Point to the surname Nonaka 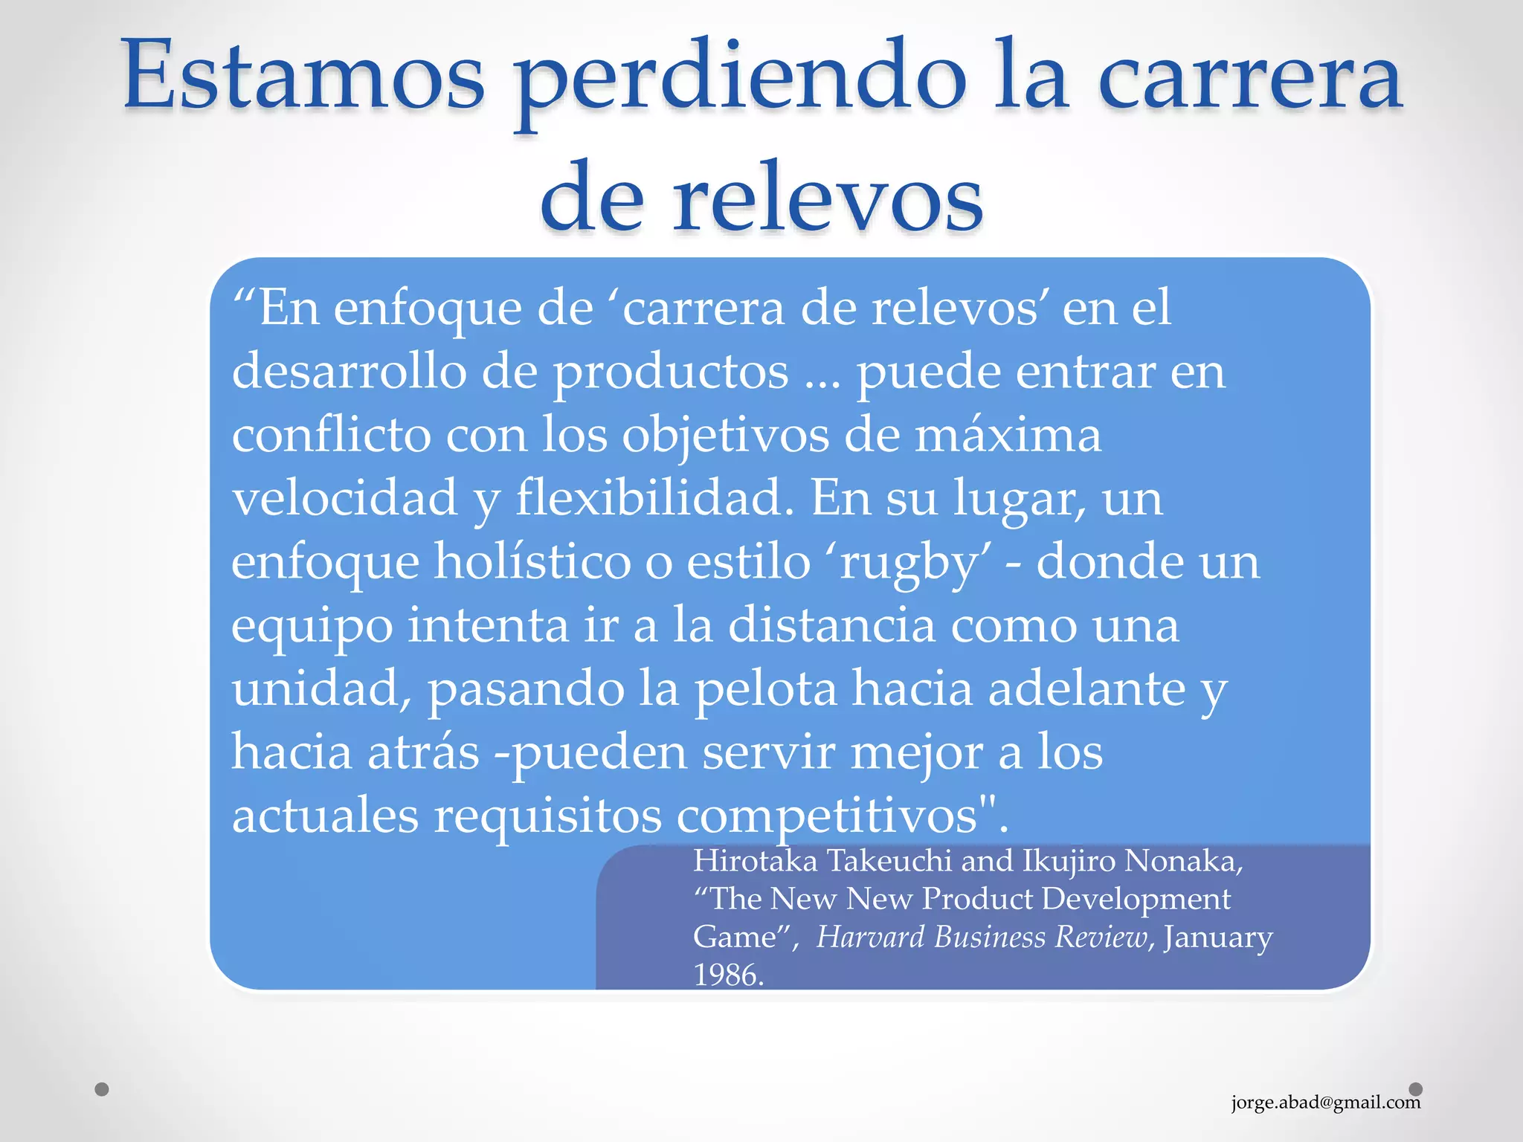1182,860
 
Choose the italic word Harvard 871,937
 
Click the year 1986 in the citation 727,975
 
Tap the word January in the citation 1217,938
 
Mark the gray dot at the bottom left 102,1089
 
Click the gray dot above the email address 1415,1089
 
